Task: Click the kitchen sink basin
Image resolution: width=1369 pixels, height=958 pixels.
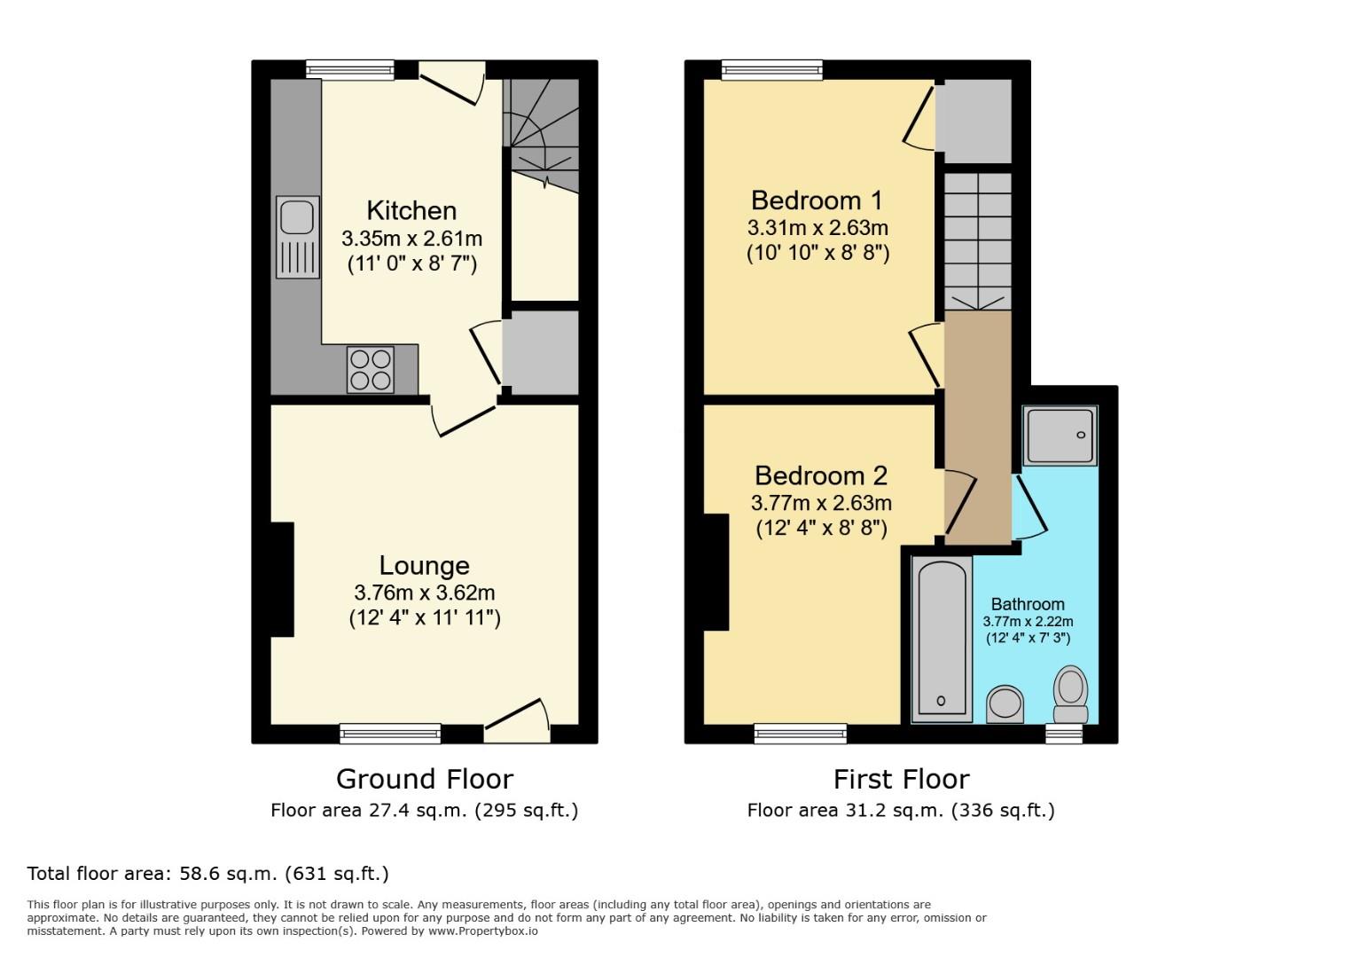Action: pyautogui.click(x=296, y=216)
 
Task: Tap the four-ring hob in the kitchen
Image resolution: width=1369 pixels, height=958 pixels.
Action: pyautogui.click(x=371, y=370)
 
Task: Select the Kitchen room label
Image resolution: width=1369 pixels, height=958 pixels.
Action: pyautogui.click(x=411, y=211)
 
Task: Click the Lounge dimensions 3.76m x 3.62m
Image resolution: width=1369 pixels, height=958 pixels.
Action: pyautogui.click(x=424, y=593)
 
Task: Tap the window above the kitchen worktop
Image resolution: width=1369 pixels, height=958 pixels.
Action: pyautogui.click(x=350, y=69)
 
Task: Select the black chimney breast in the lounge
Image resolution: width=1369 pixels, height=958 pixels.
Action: pyautogui.click(x=282, y=579)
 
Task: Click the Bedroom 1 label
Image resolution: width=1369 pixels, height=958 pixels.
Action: pyautogui.click(x=817, y=200)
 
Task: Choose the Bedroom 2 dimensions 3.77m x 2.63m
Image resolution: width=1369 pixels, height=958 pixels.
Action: pyautogui.click(x=821, y=503)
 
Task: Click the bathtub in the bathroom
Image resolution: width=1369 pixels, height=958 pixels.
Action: pyautogui.click(x=941, y=639)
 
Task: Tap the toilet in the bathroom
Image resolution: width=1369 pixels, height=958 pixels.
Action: pyautogui.click(x=1071, y=695)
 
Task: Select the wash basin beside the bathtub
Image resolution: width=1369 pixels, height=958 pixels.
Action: pyautogui.click(x=1005, y=704)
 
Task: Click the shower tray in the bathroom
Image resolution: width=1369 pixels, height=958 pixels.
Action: pyautogui.click(x=1060, y=436)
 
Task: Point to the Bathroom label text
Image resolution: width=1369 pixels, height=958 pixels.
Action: pyautogui.click(x=1028, y=604)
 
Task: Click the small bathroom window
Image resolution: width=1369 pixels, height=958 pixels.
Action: pyautogui.click(x=1064, y=734)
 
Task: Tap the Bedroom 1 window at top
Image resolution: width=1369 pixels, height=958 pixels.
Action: pyautogui.click(x=771, y=69)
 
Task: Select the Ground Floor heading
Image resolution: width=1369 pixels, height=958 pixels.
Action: pyautogui.click(x=424, y=779)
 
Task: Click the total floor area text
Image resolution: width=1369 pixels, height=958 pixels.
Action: pyautogui.click(x=208, y=874)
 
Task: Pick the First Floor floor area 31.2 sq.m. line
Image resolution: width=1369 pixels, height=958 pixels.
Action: pyautogui.click(x=901, y=810)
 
